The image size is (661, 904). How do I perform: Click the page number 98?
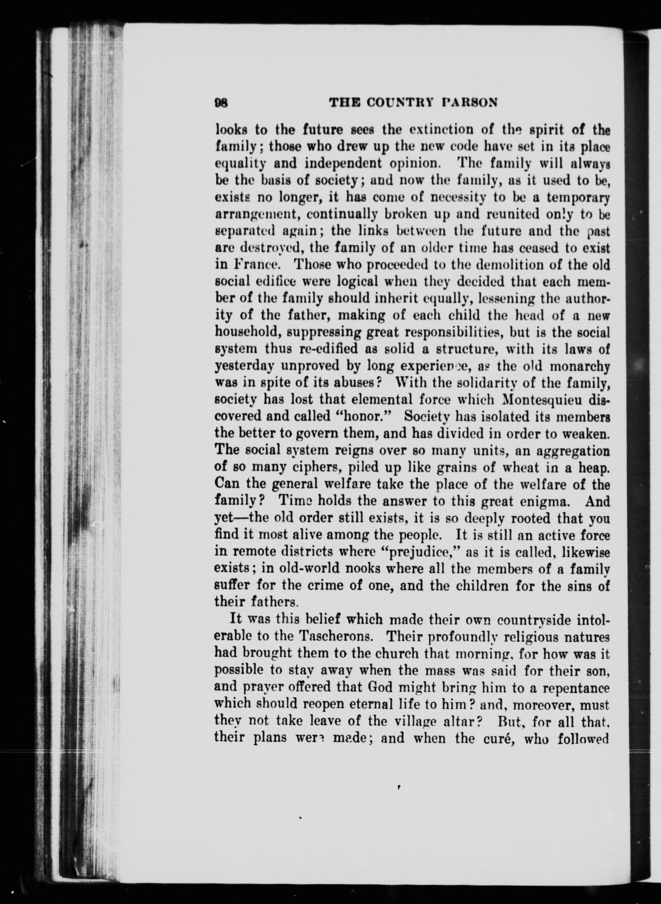[221, 103]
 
